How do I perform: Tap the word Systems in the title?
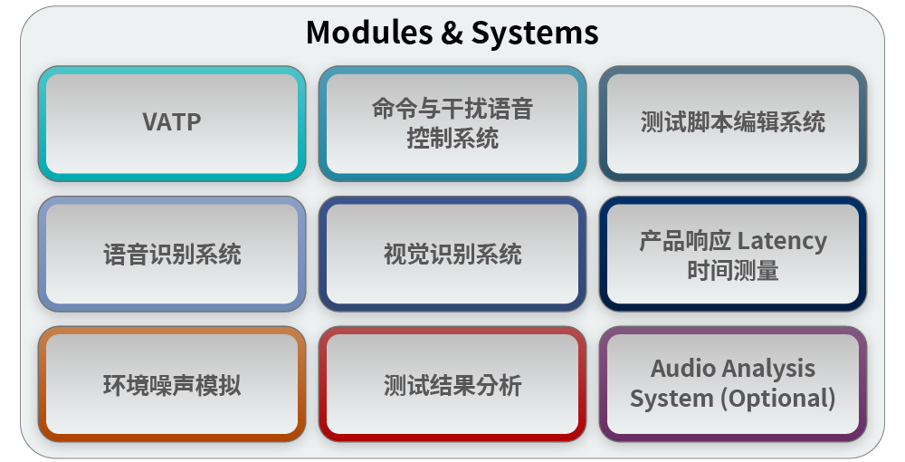534,33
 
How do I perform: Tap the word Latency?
782,241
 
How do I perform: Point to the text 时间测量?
733,270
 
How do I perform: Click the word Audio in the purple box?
684,369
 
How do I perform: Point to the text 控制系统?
452,139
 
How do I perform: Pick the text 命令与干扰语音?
452,110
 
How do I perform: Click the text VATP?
172,122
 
